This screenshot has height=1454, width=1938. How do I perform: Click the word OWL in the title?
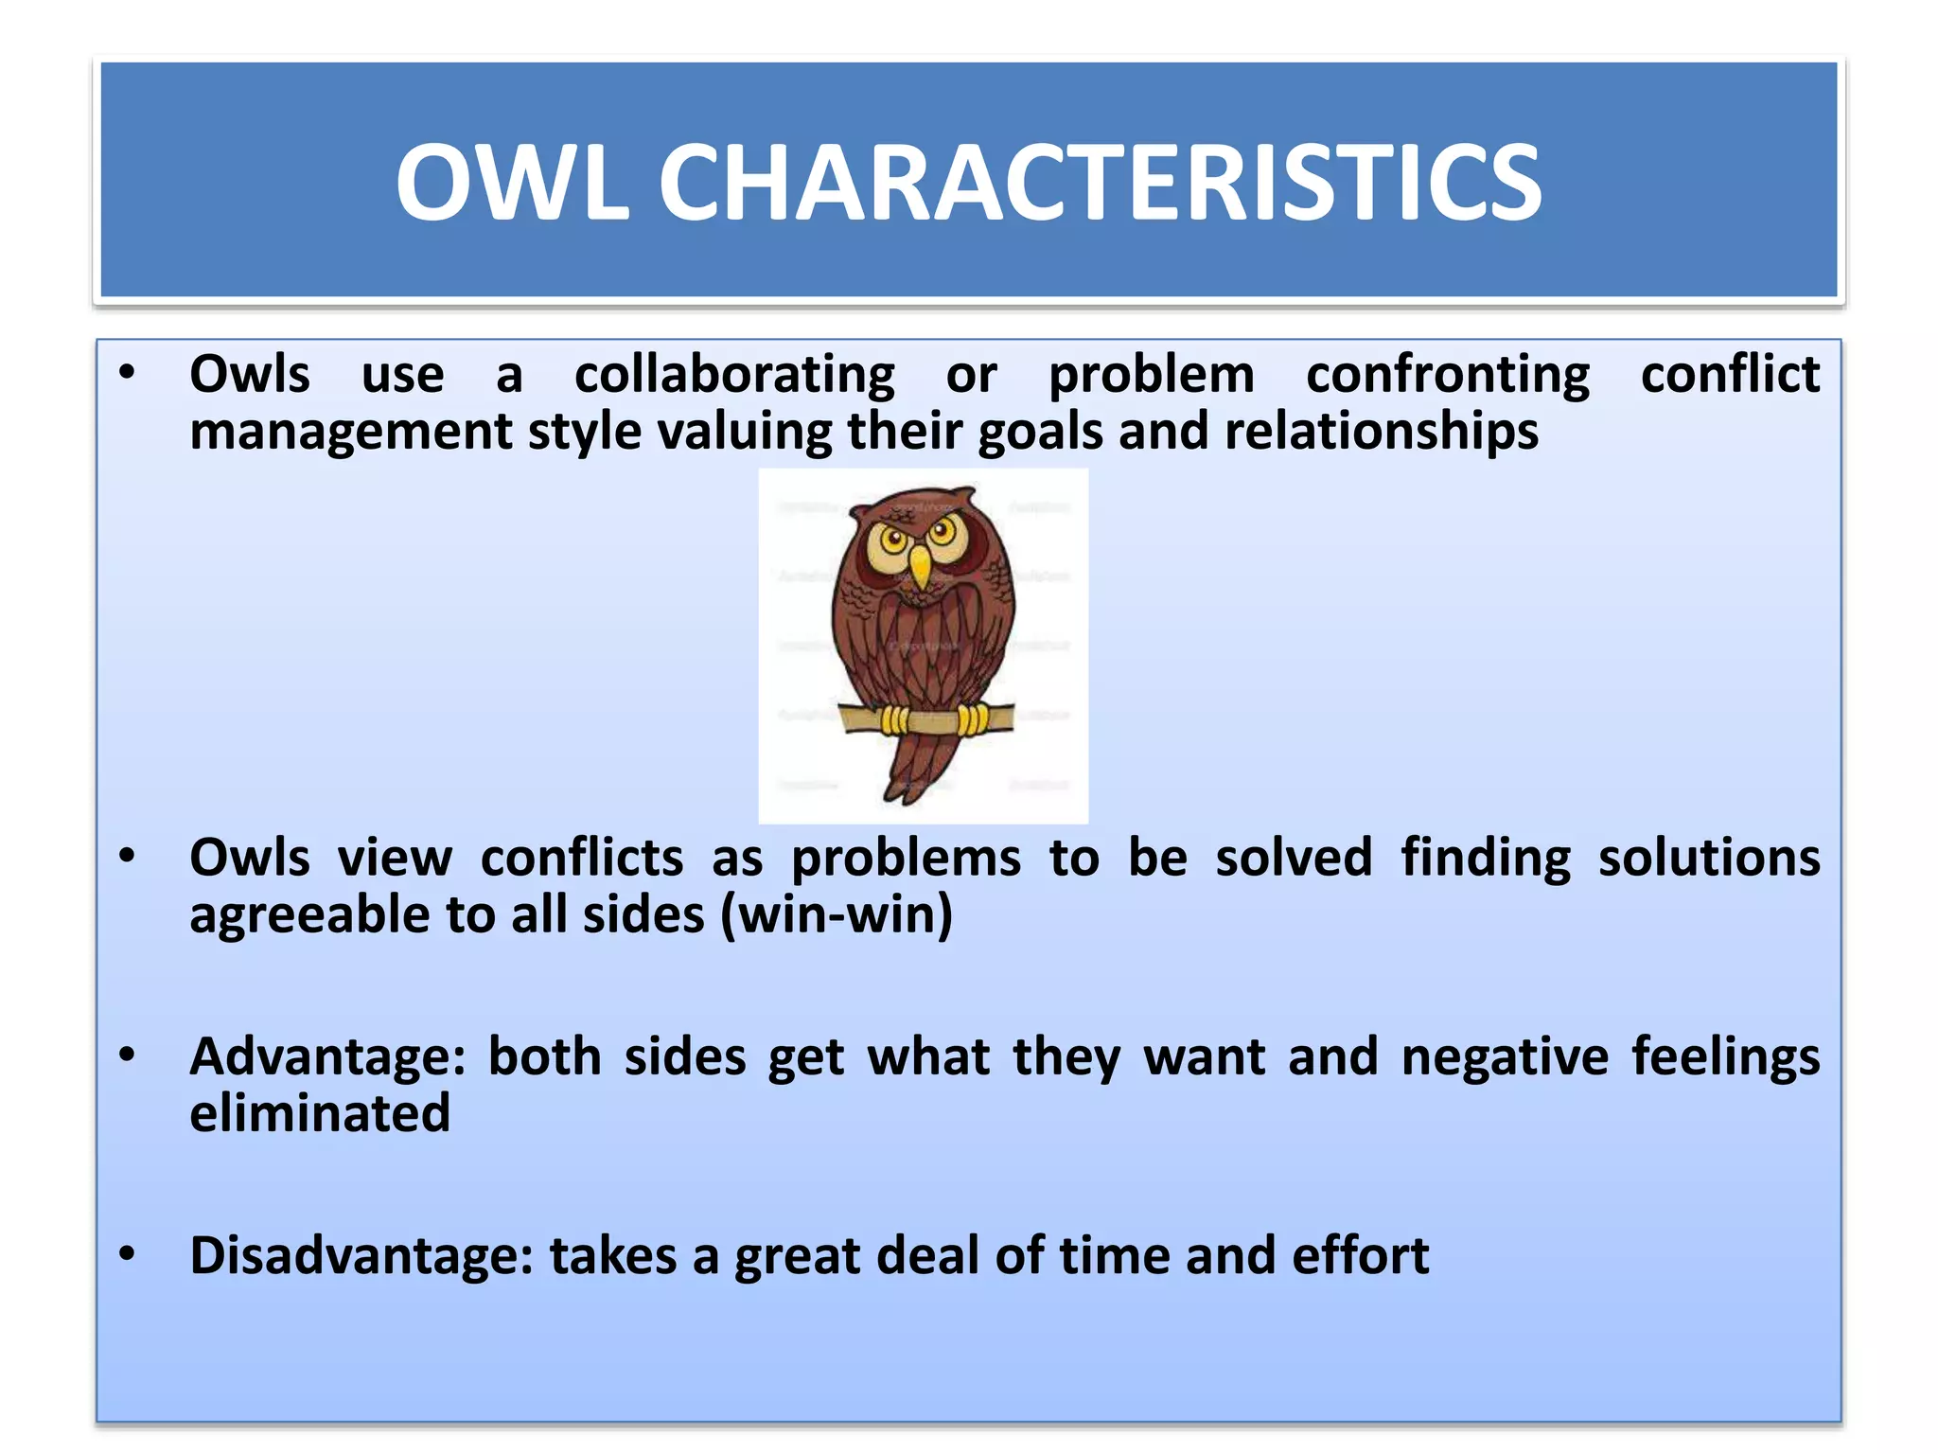coord(512,183)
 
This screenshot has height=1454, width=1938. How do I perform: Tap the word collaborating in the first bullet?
coord(734,375)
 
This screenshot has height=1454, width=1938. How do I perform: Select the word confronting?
coord(1448,375)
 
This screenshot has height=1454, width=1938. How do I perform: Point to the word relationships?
coord(1381,432)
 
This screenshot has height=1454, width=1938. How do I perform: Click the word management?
coord(351,432)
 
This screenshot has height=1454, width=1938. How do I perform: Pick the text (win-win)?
coord(836,915)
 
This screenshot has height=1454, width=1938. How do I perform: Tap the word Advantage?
coord(327,1057)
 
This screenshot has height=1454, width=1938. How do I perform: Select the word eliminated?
coord(320,1114)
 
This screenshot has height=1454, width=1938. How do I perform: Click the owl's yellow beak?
coord(919,567)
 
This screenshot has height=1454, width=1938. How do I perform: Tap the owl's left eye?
coord(893,541)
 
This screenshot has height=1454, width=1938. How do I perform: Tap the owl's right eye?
coord(943,529)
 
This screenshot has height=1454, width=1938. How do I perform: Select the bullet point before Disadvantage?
coord(128,1254)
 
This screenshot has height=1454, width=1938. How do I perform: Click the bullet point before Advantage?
coord(128,1055)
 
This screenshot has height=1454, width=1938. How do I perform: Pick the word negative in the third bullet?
coord(1505,1057)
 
